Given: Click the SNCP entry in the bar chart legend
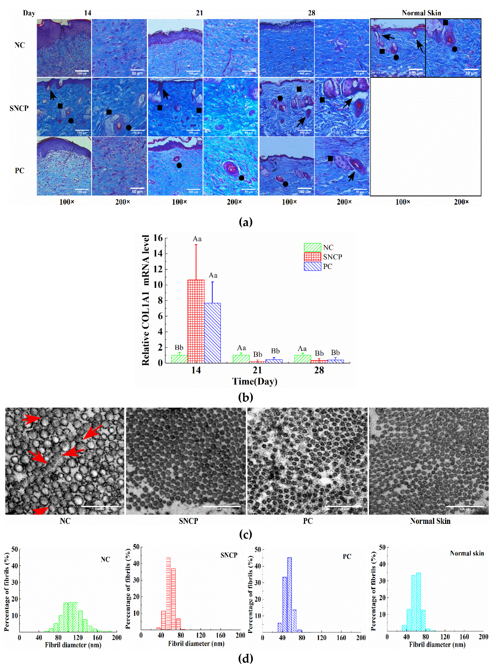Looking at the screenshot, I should click(332, 257).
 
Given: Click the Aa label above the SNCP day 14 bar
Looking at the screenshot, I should click(197, 239).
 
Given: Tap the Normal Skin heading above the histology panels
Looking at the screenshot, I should click(421, 13).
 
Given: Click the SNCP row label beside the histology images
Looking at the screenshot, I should click(19, 108).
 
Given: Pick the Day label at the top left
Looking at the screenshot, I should click(29, 13).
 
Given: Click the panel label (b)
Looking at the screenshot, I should click(245, 397).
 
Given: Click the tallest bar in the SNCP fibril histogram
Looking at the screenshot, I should click(168, 593).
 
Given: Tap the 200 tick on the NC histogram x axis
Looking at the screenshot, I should click(117, 638).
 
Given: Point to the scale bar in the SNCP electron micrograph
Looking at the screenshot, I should click(222, 507).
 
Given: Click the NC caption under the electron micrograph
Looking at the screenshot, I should click(65, 521).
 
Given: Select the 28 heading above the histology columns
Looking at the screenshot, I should click(311, 13).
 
